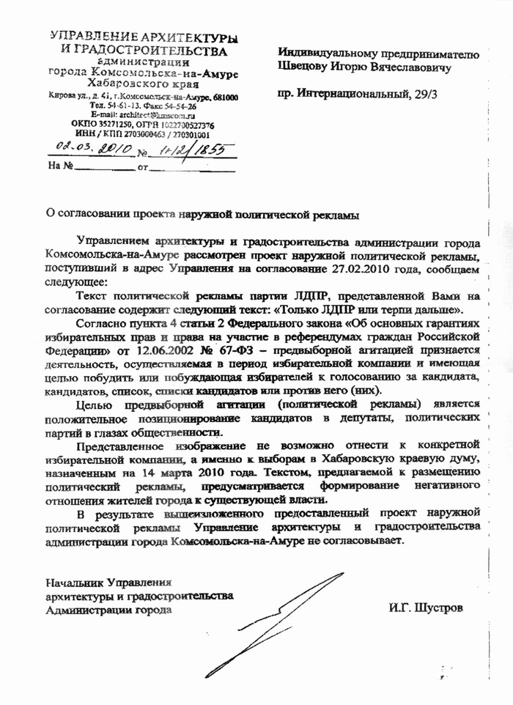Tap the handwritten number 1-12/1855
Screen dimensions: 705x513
point(191,150)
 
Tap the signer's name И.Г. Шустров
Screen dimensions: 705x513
point(427,608)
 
